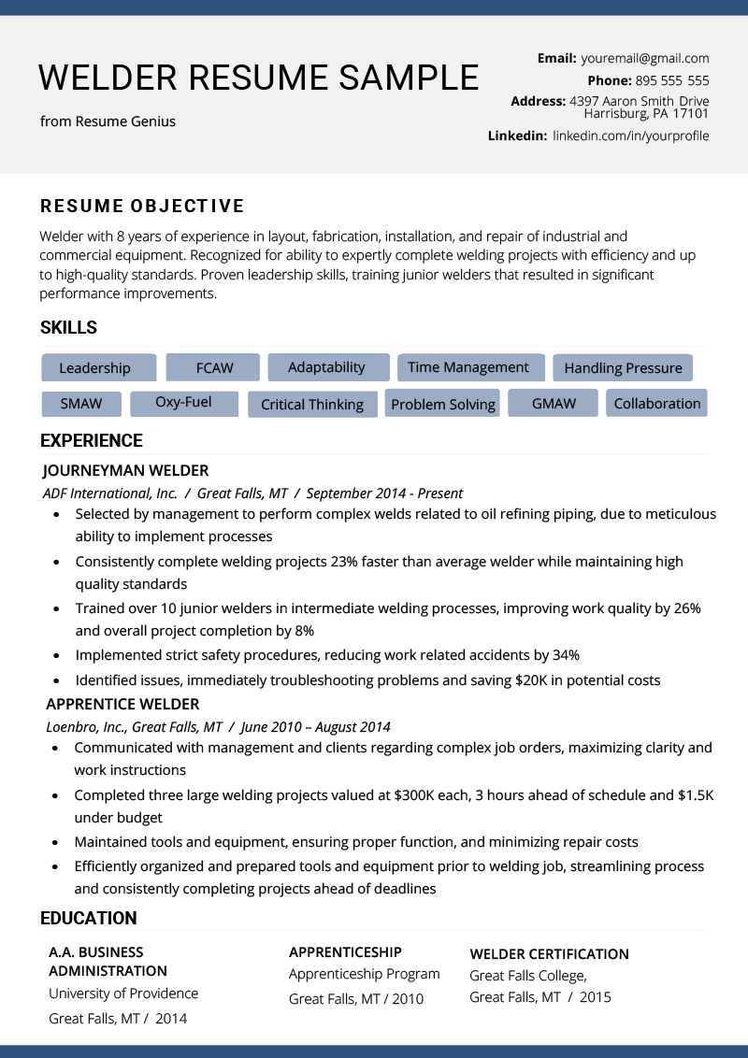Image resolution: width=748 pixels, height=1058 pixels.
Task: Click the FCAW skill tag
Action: click(x=214, y=367)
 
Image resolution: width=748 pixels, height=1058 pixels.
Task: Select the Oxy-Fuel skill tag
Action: click(x=183, y=403)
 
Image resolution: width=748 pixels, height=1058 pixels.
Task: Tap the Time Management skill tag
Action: click(x=468, y=367)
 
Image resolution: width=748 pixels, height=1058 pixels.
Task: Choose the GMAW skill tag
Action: click(x=554, y=404)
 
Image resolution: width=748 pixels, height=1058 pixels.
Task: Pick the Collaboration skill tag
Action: click(x=657, y=404)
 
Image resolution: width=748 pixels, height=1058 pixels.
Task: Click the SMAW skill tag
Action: click(x=81, y=405)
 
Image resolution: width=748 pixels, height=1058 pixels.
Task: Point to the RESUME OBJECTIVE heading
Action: click(x=142, y=207)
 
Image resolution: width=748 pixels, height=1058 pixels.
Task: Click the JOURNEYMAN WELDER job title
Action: click(x=125, y=470)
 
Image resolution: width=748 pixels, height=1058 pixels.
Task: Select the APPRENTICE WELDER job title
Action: click(x=122, y=704)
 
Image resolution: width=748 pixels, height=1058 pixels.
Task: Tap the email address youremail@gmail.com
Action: click(x=645, y=58)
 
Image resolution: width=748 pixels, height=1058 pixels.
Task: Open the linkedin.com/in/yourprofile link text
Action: click(x=631, y=136)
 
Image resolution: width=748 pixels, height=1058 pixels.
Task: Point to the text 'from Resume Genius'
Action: click(x=108, y=122)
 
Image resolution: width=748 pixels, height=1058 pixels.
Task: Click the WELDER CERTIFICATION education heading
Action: click(x=549, y=954)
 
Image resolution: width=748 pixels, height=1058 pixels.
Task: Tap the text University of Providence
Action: click(x=123, y=994)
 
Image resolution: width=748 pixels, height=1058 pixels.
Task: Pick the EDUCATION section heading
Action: click(x=89, y=918)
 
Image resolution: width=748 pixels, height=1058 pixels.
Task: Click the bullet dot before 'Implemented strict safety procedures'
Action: click(x=57, y=656)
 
